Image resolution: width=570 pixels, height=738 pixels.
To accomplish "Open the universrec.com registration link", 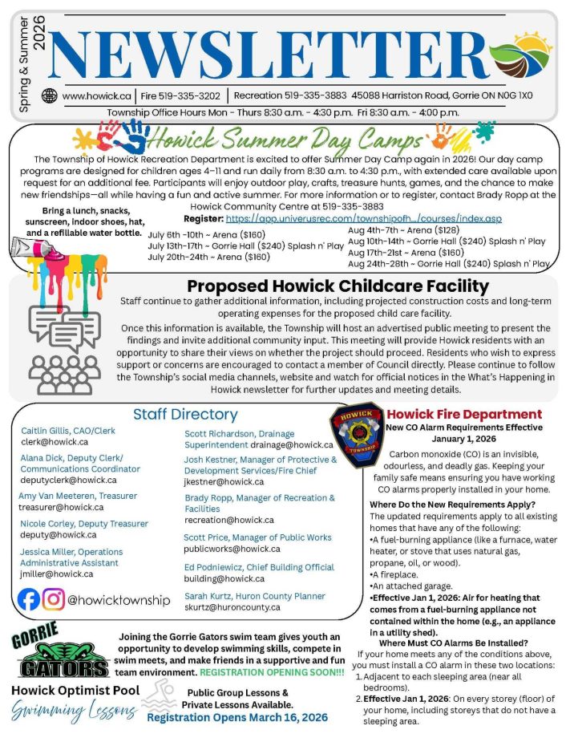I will coord(363,218).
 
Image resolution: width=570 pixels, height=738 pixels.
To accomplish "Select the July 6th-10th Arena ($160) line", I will coord(207,233).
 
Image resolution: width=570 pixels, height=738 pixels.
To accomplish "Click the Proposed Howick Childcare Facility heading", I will coord(338,286).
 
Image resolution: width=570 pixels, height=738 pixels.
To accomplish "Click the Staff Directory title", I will coord(185,414).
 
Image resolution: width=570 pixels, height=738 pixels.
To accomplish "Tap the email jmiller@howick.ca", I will coord(57,574).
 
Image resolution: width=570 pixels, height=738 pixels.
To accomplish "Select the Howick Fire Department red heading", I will coord(464,414).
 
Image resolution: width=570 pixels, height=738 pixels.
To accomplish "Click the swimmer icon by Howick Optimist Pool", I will coord(160,694).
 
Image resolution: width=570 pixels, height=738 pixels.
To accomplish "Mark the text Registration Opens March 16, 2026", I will coord(237,717).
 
